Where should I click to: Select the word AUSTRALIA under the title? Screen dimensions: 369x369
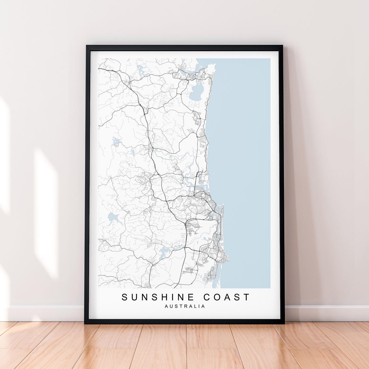click(x=185, y=306)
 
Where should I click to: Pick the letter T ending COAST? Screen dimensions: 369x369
click(x=246, y=297)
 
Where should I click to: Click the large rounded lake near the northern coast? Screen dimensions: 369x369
click(x=196, y=92)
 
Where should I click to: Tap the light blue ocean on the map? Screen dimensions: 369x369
click(x=243, y=154)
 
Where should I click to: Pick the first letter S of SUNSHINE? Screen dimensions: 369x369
click(x=125, y=297)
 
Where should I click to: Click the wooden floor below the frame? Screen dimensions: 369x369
click(x=184, y=345)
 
